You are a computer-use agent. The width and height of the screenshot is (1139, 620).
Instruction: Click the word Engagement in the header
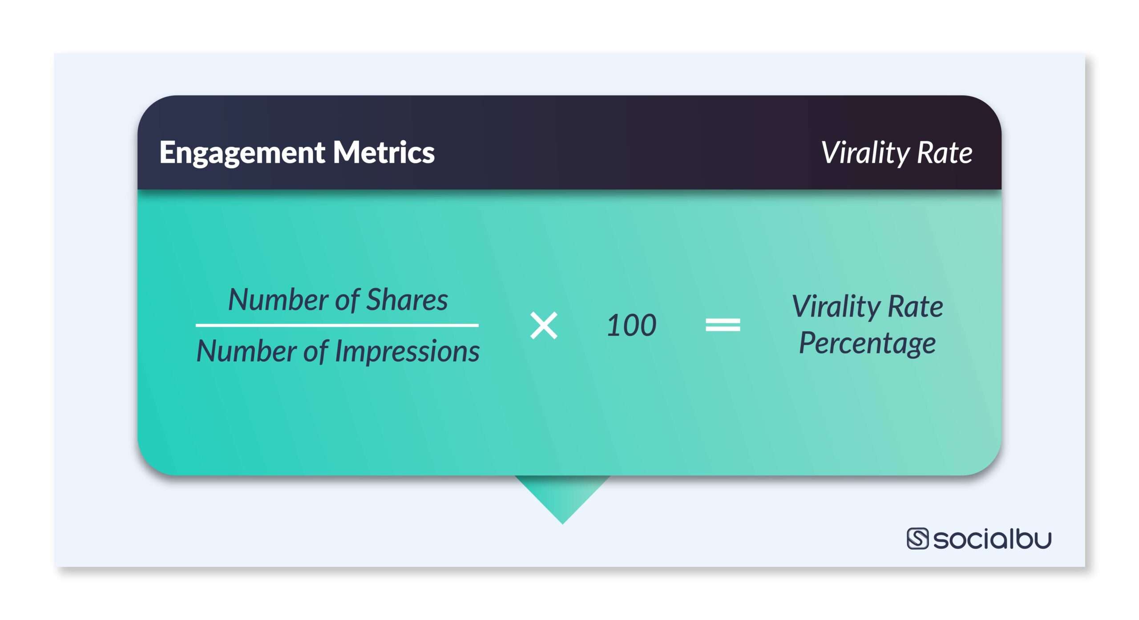coord(242,153)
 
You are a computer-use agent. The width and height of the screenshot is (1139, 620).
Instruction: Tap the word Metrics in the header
coord(384,152)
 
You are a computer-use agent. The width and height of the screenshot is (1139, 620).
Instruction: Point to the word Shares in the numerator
coord(407,300)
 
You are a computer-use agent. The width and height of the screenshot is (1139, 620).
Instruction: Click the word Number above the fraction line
coord(278,300)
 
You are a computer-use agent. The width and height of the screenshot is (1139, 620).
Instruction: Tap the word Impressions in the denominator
coord(407,351)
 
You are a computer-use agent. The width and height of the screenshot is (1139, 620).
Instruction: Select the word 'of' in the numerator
coord(347,300)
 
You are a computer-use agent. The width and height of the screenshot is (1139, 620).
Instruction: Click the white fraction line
coord(337,325)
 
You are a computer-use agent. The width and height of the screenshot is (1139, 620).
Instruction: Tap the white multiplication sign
coord(544,326)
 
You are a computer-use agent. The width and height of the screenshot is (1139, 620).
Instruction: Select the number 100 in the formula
coord(631,326)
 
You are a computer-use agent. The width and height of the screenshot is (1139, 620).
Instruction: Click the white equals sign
coord(723,325)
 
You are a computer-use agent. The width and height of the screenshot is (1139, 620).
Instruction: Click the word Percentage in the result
coord(867,343)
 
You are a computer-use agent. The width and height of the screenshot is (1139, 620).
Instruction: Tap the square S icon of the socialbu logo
coord(917,539)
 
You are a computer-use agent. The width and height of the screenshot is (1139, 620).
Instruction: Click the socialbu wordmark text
coord(992,539)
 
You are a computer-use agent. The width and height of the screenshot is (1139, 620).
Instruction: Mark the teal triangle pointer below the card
coord(562,496)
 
